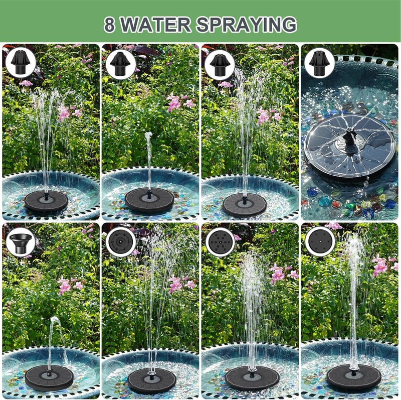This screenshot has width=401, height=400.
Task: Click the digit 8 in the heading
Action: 109,25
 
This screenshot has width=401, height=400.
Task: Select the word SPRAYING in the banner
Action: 246,25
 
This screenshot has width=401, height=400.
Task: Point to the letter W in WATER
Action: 129,25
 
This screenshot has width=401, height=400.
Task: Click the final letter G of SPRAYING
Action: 289,25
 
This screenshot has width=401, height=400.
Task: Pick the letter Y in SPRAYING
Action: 253,25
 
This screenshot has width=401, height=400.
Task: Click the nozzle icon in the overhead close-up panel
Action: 320,63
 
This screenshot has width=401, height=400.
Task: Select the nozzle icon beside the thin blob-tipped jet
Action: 121,63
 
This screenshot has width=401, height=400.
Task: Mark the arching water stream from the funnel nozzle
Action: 55,341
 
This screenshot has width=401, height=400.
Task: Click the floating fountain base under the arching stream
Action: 49,378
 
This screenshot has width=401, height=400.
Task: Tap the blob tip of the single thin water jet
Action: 148,136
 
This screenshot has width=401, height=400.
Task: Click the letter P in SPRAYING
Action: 217,25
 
